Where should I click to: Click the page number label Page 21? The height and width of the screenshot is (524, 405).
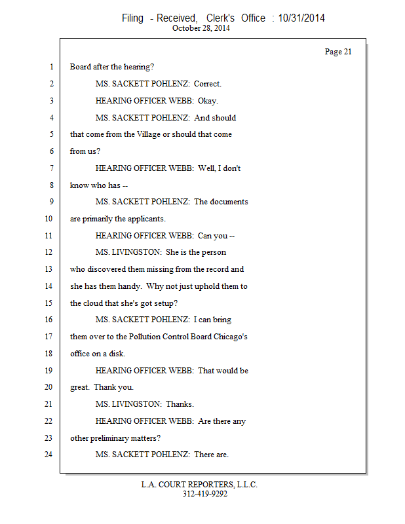point(338,52)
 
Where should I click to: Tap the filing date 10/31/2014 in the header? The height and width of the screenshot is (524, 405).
point(301,18)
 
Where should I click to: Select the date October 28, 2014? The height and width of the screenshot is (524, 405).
point(201,28)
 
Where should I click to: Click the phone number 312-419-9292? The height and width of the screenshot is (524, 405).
point(204,494)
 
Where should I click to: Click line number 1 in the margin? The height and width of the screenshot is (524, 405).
point(50,67)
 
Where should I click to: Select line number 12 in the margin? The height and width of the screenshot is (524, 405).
point(48,252)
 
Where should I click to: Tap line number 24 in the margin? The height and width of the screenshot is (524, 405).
point(48,454)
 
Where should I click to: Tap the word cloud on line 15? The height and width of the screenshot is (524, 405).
point(94,303)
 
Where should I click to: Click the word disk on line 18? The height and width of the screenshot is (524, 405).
point(115,353)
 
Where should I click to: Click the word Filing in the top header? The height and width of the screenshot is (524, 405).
point(132,18)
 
